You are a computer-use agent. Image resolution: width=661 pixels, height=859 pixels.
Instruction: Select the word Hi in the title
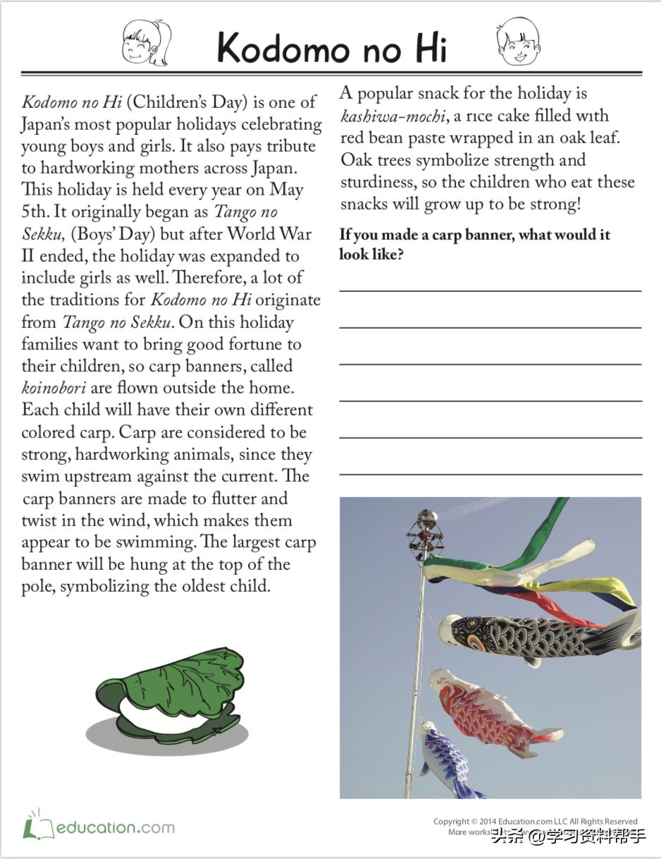coord(421,48)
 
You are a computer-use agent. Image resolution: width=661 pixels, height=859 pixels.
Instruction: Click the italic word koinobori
coord(52,388)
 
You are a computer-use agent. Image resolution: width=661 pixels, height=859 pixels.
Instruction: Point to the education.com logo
coord(99,826)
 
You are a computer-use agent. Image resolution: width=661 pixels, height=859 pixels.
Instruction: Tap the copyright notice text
coord(536,821)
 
